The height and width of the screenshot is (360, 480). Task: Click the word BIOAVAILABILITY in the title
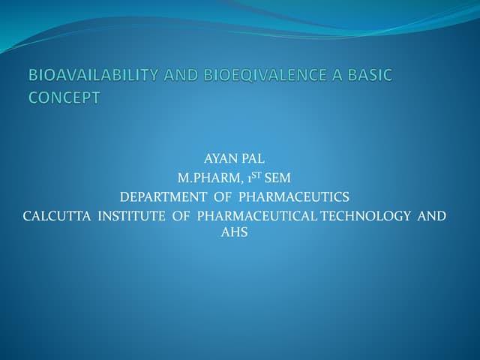88,76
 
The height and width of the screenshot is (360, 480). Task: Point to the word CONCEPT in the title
64,98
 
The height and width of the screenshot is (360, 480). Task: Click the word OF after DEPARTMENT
222,197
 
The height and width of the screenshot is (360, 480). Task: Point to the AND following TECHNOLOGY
431,216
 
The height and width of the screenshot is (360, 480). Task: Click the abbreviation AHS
234,233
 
